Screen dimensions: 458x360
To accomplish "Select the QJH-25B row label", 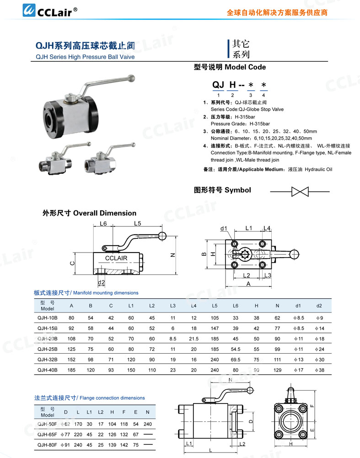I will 48,350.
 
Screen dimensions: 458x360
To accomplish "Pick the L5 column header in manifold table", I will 215,305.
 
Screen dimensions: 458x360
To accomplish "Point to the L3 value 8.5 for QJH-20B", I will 172,339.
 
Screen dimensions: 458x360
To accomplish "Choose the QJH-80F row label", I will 48,444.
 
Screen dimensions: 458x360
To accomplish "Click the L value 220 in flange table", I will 78,435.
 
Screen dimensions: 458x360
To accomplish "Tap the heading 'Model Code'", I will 245,67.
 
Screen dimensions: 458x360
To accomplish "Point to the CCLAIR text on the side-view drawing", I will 116,258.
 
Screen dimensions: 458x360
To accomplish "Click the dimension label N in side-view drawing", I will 173,255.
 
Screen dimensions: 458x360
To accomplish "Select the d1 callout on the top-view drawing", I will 224,228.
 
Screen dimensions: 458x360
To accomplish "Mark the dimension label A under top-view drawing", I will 248,284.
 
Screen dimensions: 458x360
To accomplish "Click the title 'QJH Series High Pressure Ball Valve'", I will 85,57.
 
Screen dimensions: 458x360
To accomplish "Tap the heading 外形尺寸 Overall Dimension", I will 89,213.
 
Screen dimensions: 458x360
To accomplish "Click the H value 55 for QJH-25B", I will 256,350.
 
